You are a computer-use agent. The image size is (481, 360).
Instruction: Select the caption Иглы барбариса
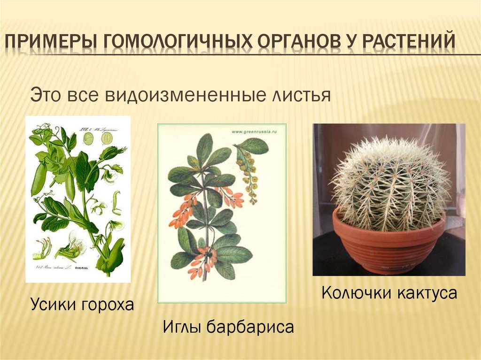click(228, 327)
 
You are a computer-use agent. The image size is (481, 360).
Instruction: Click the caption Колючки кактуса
click(389, 293)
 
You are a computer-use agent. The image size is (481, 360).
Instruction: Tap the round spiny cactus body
click(389, 183)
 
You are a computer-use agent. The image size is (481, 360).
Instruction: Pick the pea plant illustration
click(78, 199)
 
